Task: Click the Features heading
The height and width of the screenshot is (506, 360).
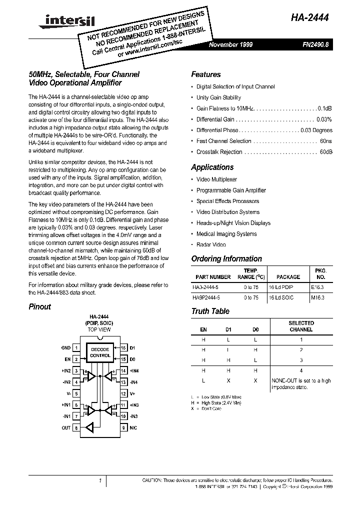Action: click(205, 74)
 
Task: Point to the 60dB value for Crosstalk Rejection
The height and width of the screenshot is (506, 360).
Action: click(325, 152)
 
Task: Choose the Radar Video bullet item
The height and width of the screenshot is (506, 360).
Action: click(211, 245)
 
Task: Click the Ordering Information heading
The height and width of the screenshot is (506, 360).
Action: click(226, 259)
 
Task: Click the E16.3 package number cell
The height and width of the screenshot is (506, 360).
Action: click(317, 287)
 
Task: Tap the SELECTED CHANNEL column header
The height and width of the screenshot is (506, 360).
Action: click(301, 326)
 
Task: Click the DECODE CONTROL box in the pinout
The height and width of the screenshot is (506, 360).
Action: click(100, 352)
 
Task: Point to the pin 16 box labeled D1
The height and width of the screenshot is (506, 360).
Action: click(122, 347)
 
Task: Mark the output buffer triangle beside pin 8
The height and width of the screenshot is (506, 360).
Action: click(90, 427)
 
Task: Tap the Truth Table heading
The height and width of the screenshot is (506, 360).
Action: click(210, 311)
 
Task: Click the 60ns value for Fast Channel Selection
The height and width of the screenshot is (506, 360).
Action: click(325, 141)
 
